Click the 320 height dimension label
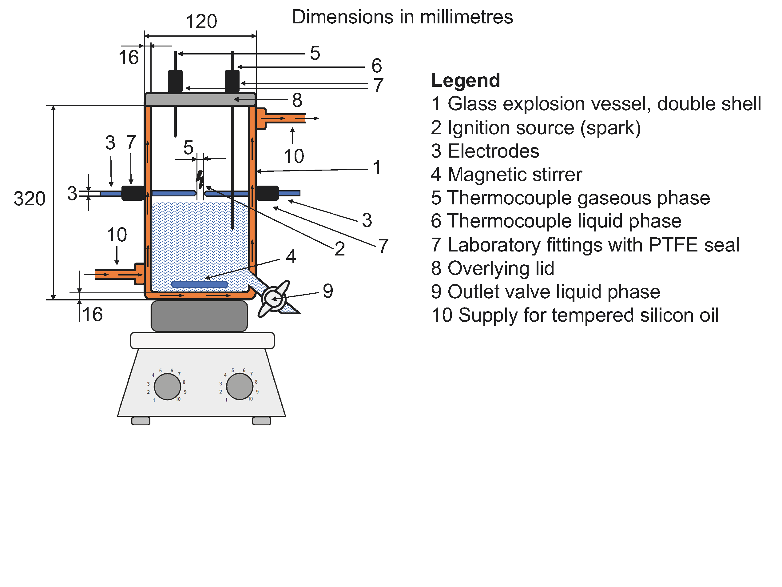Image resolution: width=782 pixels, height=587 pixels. [x=30, y=199]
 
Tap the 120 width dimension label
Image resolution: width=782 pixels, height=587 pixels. [x=201, y=22]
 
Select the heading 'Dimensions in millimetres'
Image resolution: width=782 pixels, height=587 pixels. [x=402, y=17]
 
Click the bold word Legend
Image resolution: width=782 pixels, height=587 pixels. [x=465, y=80]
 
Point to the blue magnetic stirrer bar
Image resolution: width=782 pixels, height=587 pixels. [x=200, y=284]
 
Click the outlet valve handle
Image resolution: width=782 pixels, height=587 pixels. [x=274, y=299]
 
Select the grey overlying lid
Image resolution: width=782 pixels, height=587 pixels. [x=200, y=99]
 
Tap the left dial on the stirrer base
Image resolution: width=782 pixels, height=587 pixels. [x=168, y=387]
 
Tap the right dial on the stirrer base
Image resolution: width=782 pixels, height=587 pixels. [x=240, y=386]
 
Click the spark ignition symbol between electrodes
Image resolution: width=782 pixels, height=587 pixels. [x=200, y=180]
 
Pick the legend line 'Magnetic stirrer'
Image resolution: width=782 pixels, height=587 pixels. [x=506, y=175]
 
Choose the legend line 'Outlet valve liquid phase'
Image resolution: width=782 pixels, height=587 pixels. [x=545, y=292]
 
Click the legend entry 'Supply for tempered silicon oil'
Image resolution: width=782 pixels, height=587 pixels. [x=575, y=315]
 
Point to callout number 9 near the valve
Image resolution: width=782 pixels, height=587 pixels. [x=328, y=291]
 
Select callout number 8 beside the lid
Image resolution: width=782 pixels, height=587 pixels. [x=297, y=100]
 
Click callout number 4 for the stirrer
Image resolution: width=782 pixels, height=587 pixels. [x=291, y=256]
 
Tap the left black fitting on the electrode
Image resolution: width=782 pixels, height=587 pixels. [x=133, y=193]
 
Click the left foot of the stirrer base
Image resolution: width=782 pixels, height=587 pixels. [x=141, y=421]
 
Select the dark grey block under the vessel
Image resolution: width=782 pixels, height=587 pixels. [x=199, y=316]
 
